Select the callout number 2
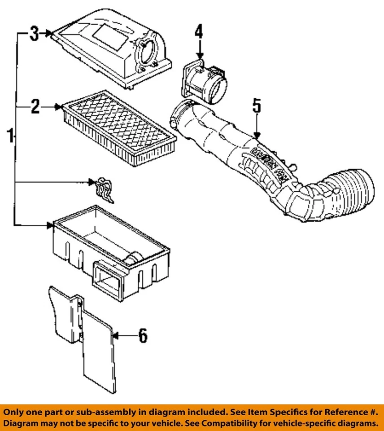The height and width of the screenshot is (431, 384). coord(35,107)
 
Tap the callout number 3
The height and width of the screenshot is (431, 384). coord(34,33)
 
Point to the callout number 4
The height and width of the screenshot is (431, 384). coord(199,32)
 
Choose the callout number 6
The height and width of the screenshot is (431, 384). coord(142,335)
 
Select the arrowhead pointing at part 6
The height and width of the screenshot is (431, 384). coord(115,335)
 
